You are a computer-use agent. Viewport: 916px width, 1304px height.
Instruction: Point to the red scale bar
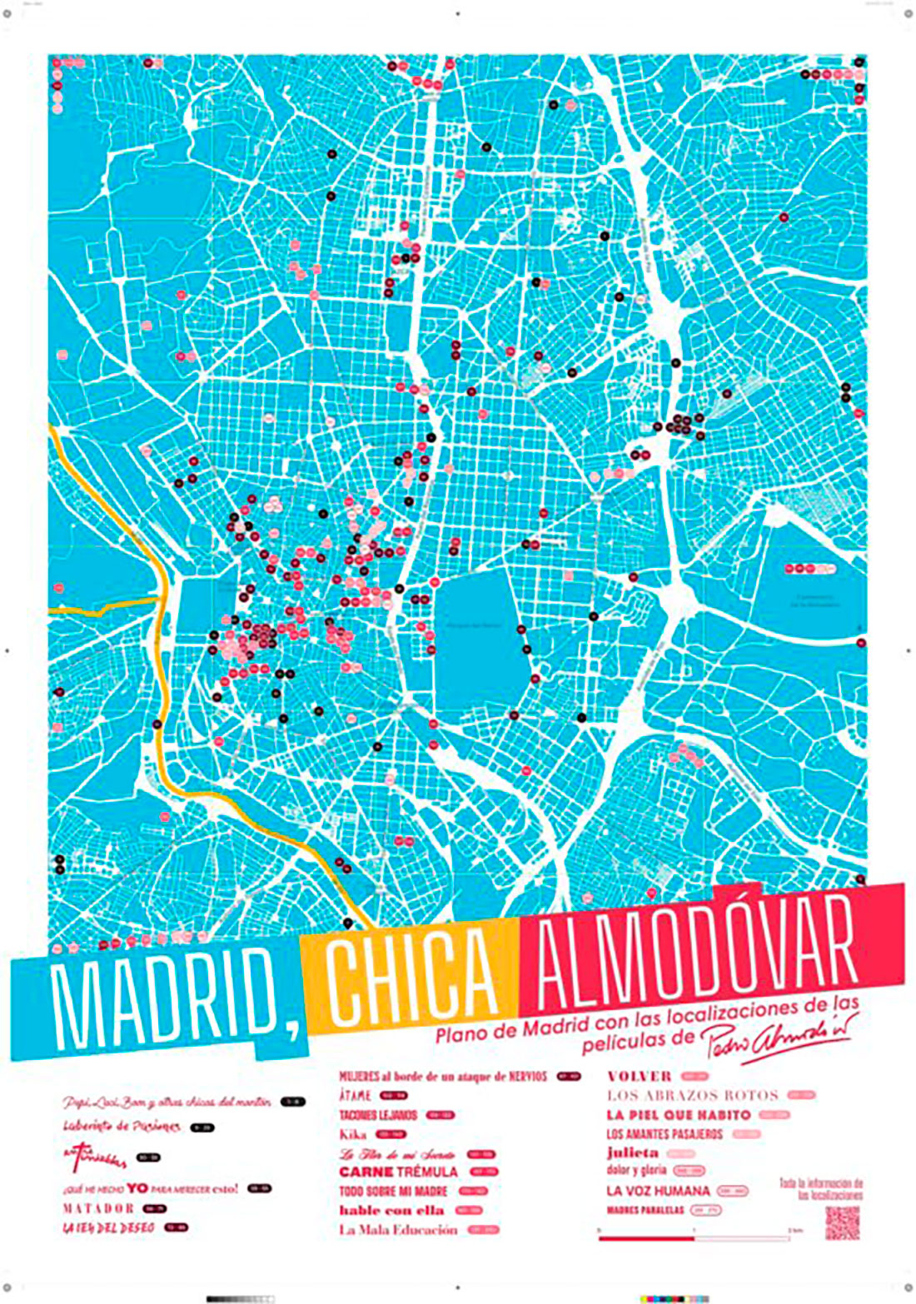(x=646, y=1238)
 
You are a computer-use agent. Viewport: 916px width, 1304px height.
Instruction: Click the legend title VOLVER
(x=639, y=1077)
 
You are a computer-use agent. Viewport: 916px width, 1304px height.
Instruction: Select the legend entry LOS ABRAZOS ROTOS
(x=692, y=1096)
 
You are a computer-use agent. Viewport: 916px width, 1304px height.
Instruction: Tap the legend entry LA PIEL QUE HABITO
(x=679, y=1115)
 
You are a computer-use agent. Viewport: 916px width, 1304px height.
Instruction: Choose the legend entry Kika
(x=353, y=1134)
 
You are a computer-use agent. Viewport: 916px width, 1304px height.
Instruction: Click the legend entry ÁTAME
(x=355, y=1096)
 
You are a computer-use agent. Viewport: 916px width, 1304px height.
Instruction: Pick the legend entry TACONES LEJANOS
(x=378, y=1115)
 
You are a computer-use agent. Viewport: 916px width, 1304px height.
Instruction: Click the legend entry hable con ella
(x=391, y=1211)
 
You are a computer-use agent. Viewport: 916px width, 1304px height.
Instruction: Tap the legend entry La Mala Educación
(x=398, y=1230)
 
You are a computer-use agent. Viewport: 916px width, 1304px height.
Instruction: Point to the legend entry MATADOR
(x=98, y=1208)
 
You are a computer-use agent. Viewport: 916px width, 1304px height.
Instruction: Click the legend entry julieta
(x=633, y=1153)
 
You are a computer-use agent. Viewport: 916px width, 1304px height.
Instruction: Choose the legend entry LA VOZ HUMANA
(x=658, y=1192)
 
